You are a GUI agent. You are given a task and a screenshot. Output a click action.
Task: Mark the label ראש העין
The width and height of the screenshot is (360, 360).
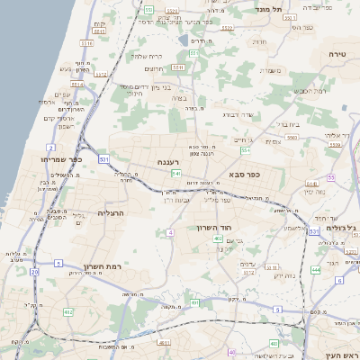338,343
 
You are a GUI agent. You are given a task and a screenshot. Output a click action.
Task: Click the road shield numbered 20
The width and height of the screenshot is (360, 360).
34,271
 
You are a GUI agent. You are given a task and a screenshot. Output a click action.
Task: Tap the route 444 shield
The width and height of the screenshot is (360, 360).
316,269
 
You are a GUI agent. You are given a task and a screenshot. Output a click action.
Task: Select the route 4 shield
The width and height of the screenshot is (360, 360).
169,232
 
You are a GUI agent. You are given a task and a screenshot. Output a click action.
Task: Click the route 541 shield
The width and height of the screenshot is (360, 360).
176,173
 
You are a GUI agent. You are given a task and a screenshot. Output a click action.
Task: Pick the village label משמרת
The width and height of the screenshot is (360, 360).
270,70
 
